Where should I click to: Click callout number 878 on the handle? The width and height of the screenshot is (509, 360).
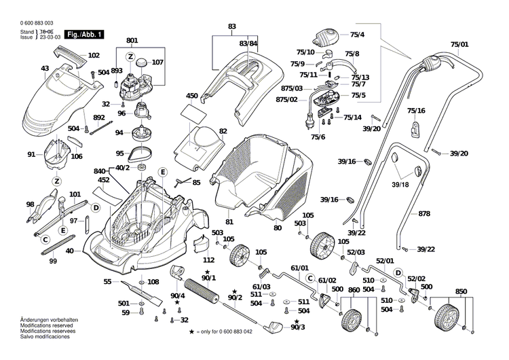pos(423,214)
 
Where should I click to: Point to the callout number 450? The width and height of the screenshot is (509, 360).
pos(191,96)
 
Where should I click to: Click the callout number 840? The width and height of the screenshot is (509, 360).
pos(100,171)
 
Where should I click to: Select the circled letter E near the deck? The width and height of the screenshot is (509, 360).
pos(163,173)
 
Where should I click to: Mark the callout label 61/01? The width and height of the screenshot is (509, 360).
pos(299,268)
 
